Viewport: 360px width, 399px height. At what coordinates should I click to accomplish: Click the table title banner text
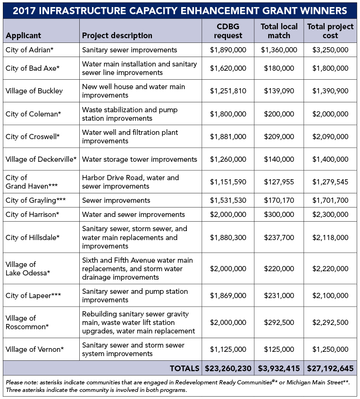click(x=180, y=10)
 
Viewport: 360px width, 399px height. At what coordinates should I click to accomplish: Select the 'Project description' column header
click(x=117, y=35)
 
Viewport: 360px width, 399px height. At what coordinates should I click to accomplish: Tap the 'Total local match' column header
click(x=278, y=31)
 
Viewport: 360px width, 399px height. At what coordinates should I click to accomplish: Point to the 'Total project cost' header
click(x=330, y=31)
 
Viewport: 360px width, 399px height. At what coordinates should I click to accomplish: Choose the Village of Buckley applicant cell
click(x=34, y=91)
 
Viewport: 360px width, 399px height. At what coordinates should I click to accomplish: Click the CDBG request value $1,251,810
click(x=228, y=91)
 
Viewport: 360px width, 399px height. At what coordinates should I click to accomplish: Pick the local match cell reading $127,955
click(x=278, y=182)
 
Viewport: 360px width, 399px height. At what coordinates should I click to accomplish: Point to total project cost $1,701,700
click(x=330, y=200)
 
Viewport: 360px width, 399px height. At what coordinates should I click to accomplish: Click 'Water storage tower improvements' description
click(x=139, y=159)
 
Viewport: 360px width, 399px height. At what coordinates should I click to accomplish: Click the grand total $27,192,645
click(x=330, y=368)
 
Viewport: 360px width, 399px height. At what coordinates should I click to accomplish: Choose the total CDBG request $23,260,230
click(x=228, y=368)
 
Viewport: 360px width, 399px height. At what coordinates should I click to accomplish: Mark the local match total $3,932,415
click(x=278, y=368)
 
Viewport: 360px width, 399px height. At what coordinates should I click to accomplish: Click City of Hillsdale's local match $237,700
click(x=278, y=237)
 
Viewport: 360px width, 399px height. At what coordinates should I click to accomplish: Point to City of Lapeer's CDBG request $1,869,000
click(x=228, y=296)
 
